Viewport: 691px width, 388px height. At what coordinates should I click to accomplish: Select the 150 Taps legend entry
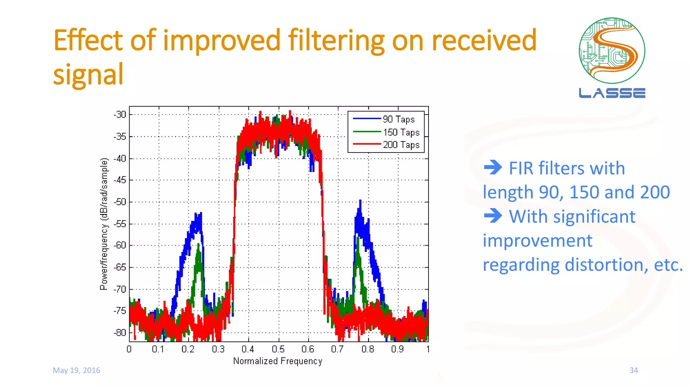(401, 132)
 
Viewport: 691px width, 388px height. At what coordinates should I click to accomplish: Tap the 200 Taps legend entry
(401, 145)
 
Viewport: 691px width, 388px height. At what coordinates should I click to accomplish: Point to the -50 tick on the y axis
(120, 202)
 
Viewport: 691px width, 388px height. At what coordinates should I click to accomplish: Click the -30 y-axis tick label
(120, 115)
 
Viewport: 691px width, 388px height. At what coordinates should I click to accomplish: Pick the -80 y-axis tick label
(120, 332)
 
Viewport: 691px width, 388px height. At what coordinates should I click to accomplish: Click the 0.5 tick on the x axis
(278, 349)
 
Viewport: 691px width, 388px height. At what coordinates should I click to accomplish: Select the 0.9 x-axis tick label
(397, 349)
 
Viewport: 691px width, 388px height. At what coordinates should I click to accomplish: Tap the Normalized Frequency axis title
(278, 361)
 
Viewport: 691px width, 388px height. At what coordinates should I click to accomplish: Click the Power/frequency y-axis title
(104, 224)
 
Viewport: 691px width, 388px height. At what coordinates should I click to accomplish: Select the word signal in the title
(88, 75)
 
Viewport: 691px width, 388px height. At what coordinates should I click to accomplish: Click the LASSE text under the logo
(612, 93)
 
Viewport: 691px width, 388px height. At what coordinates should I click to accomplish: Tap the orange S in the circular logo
(612, 51)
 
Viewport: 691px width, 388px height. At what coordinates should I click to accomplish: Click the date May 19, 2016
(77, 370)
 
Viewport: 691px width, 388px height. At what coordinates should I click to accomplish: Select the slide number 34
(634, 370)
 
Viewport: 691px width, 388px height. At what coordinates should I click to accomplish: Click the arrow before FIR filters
(493, 167)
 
